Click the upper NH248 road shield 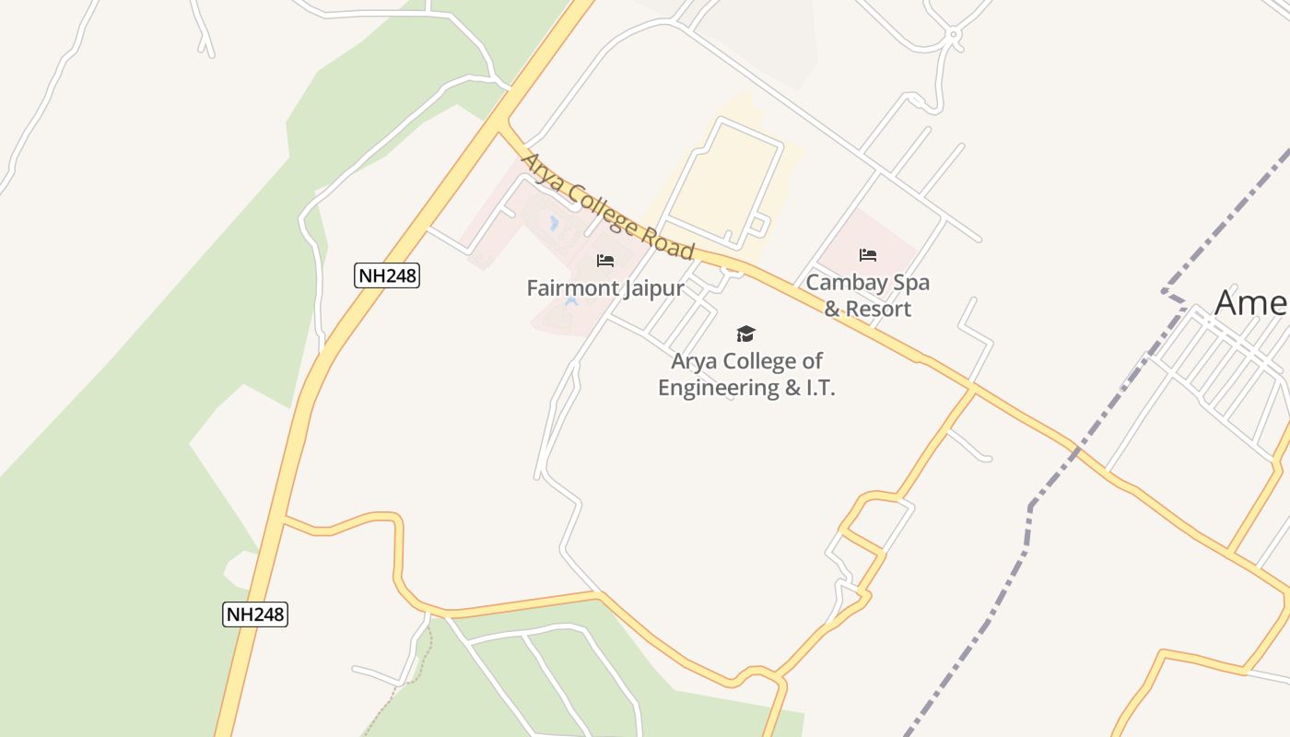click(x=387, y=275)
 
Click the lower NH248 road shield click(x=255, y=614)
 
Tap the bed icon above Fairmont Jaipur click(x=605, y=261)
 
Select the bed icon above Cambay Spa click(x=867, y=255)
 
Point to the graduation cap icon click(x=745, y=333)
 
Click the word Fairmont click(x=572, y=288)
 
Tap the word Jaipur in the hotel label click(x=653, y=288)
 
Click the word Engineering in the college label click(x=718, y=388)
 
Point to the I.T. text click(x=820, y=388)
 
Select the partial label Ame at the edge click(x=1250, y=302)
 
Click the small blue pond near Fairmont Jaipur click(x=554, y=223)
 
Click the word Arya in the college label click(x=695, y=361)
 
